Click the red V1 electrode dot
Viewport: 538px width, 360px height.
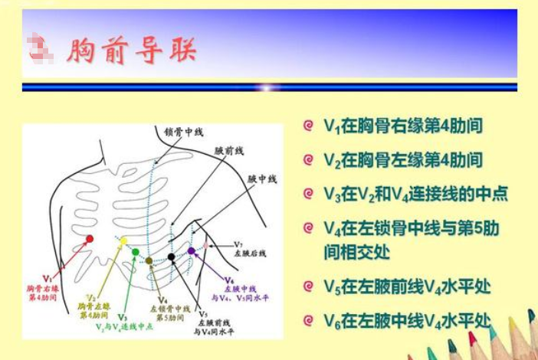pos(90,239)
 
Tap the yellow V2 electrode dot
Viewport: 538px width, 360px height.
pos(123,241)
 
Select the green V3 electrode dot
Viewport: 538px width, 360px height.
pos(136,251)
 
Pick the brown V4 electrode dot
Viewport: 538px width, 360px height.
pos(149,260)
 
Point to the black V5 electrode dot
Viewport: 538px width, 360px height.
pos(172,257)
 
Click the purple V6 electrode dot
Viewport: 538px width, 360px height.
pos(191,250)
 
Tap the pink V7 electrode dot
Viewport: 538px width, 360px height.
pos(205,245)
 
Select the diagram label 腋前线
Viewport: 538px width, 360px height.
pos(228,152)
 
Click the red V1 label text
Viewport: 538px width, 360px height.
pos(48,278)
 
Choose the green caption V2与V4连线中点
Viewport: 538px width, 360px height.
pos(124,326)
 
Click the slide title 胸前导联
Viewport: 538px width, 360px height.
pos(131,51)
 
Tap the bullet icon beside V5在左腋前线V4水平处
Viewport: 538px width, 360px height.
pos(308,287)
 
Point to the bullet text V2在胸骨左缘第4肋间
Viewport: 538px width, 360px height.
pos(403,159)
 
